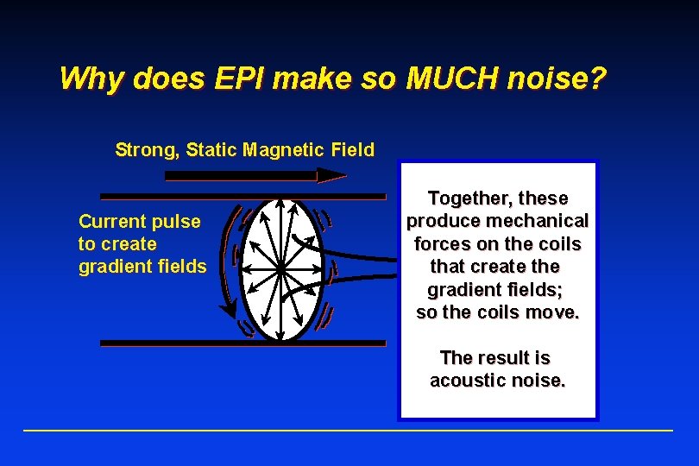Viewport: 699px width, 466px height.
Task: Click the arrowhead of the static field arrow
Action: [x=331, y=175]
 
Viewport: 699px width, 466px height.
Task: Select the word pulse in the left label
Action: [x=178, y=222]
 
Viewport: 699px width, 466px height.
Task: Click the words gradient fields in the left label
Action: [x=142, y=267]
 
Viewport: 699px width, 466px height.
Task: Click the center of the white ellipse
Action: [x=280, y=268]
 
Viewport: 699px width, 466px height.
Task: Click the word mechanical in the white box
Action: [x=541, y=222]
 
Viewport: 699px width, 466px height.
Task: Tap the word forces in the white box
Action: [x=443, y=244]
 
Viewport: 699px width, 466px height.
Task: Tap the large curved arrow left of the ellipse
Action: [x=226, y=259]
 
